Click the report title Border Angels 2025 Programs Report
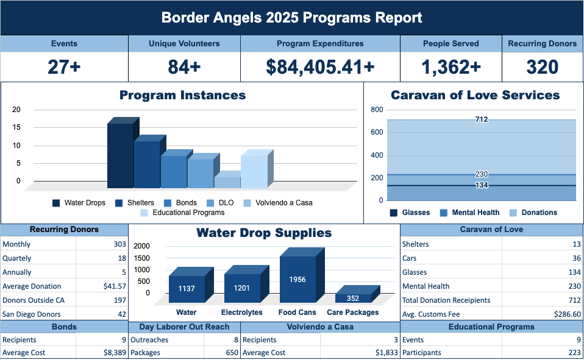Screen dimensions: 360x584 291,18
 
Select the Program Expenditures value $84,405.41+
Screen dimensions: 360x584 320,67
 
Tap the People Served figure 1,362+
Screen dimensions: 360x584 451,67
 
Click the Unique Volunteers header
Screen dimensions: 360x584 184,44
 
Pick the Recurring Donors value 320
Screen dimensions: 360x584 542,67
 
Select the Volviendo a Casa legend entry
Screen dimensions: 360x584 283,203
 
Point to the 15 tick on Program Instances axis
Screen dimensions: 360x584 16,128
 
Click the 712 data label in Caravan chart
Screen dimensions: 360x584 482,120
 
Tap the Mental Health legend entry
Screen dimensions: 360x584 475,213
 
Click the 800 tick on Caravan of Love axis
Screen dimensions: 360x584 377,110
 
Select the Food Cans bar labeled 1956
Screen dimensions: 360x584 297,280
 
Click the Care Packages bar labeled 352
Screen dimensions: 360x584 353,298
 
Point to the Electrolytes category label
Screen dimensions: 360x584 242,312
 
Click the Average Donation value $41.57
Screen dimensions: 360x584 115,286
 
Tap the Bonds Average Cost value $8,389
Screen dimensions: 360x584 115,353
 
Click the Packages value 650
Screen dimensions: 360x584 230,353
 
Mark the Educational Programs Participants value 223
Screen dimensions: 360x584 574,353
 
